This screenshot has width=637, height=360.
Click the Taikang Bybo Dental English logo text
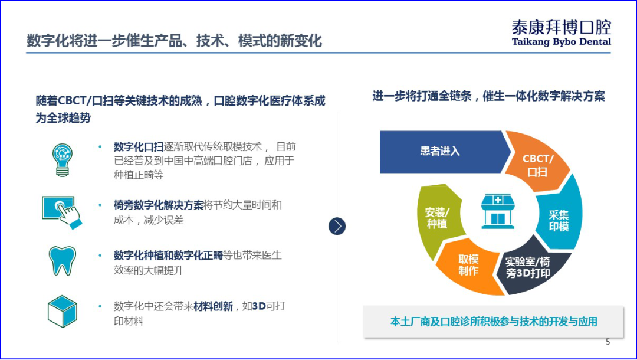561,42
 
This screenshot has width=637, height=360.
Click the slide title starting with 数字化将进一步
175,41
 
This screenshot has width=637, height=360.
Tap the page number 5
608,342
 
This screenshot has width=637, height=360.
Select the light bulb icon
62,158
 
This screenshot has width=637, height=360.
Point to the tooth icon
62,260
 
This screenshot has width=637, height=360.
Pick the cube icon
62,312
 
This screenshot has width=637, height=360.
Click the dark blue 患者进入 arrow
440,151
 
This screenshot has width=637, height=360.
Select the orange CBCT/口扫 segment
537,165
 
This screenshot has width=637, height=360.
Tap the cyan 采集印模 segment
559,220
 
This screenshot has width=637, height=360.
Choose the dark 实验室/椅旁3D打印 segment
528,267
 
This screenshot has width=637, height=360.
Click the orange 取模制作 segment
468,266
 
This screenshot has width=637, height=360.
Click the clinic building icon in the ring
498,211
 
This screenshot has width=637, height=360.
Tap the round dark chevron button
337,226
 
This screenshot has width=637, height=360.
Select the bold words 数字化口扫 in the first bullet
139,147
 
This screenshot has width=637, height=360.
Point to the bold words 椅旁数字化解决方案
158,205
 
